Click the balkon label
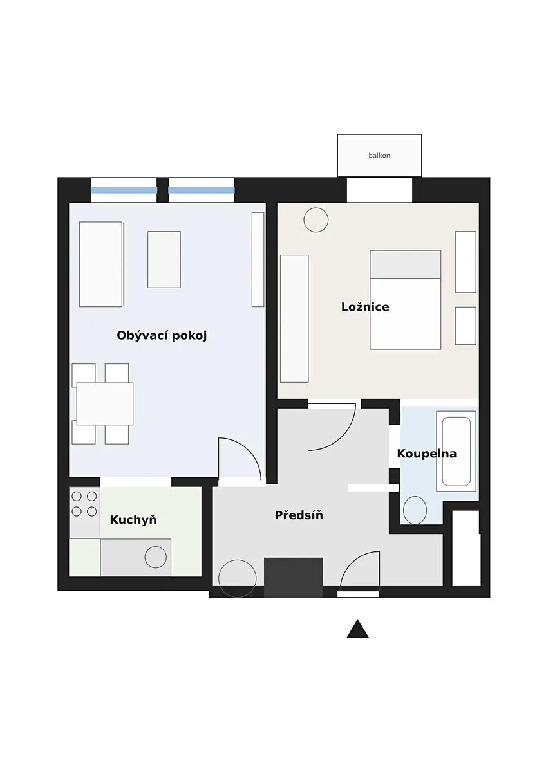coord(379,156)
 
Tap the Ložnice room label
coord(365,307)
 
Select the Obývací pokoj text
coord(162,335)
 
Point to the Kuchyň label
coord(133,519)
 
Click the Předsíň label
coord(299,515)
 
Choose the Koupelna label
coord(427,454)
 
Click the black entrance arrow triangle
coord(358,629)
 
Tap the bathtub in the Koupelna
coord(456,451)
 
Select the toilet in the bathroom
coord(415,510)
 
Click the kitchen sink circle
coord(156,557)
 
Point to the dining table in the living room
coord(105,403)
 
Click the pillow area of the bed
coord(405,264)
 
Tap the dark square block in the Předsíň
coord(293,577)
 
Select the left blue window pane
coord(124,190)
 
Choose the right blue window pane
coord(202,190)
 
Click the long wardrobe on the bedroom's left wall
coord(294,319)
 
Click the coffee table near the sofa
coord(164,259)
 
